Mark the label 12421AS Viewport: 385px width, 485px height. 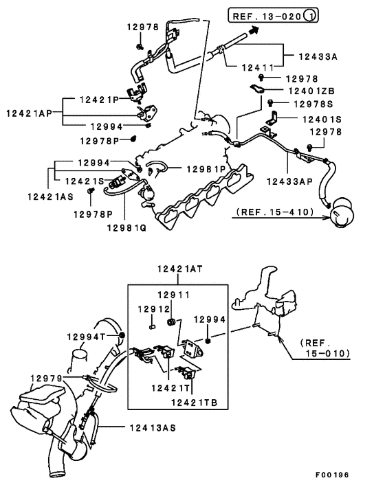(x=49, y=196)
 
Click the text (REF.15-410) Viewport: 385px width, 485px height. (x=279, y=213)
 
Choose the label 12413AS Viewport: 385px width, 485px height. (x=151, y=427)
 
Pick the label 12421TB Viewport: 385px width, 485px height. (x=195, y=402)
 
